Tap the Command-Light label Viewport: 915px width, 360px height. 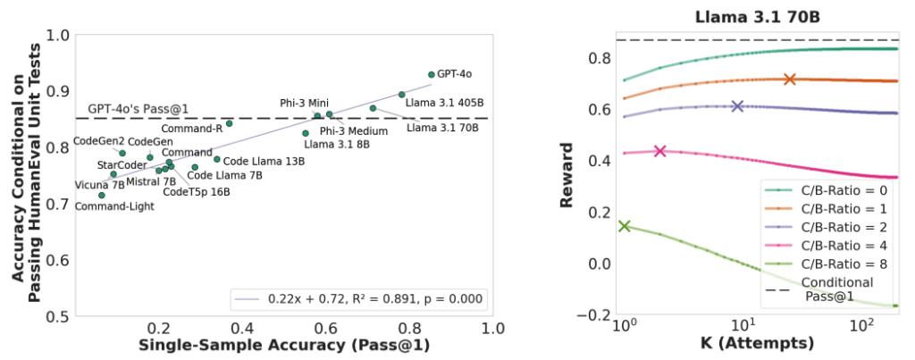point(114,206)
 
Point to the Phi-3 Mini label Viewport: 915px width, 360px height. point(305,103)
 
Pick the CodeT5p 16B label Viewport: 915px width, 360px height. point(197,191)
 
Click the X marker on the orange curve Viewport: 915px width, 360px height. point(789,80)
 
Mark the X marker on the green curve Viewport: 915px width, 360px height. point(624,226)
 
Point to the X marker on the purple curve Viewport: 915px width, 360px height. point(737,106)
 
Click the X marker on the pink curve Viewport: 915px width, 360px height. point(659,151)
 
